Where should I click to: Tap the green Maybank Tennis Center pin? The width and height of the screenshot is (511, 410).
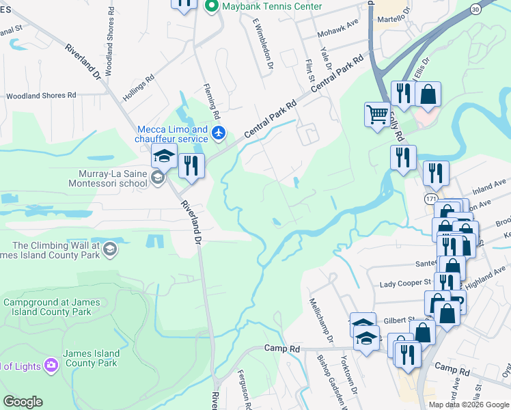tap(211, 6)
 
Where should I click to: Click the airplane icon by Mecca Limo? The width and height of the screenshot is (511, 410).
tap(218, 132)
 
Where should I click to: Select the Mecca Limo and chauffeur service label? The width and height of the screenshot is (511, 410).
tap(173, 134)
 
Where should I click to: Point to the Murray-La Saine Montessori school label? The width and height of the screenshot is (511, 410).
tap(108, 178)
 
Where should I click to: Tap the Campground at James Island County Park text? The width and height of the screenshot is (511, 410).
tap(52, 307)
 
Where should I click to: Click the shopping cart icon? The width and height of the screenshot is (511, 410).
tap(377, 114)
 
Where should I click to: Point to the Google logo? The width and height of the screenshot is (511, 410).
tap(23, 402)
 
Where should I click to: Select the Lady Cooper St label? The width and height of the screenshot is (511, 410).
tap(406, 282)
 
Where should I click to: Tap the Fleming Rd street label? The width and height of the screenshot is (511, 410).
tap(212, 99)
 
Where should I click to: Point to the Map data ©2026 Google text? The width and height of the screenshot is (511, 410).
tap(469, 404)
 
